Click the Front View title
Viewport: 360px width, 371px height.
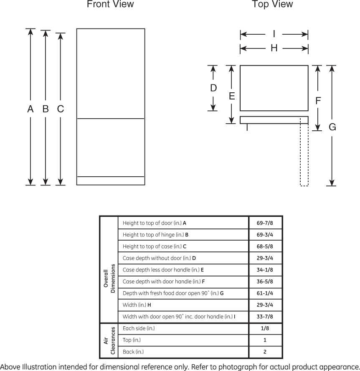point(110,4)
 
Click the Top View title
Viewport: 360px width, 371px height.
point(272,4)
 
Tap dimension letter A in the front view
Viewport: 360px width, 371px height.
point(30,109)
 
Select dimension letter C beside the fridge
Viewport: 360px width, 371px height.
point(61,109)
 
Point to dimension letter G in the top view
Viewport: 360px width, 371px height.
point(332,127)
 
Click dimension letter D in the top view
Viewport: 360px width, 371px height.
point(213,88)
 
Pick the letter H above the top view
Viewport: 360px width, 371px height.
point(274,48)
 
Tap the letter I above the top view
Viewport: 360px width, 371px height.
point(274,34)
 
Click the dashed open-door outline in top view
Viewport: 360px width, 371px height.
point(304,152)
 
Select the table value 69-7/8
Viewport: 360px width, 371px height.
point(265,223)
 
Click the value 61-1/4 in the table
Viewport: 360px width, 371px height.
point(265,293)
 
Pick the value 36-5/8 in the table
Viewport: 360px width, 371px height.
point(265,282)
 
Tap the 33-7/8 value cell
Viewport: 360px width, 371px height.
point(265,317)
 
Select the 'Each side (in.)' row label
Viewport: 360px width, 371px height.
point(139,328)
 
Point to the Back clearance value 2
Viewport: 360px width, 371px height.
point(265,352)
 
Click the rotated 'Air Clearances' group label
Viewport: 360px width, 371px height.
point(109,341)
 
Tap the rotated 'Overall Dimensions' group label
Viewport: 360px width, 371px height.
point(109,278)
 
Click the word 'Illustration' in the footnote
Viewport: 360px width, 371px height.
point(40,367)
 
